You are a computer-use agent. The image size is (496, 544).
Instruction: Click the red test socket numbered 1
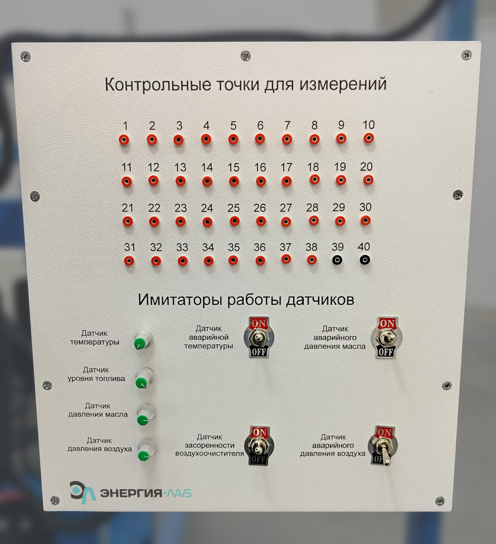tap(124, 140)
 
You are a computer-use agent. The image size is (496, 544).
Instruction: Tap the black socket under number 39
tap(337, 260)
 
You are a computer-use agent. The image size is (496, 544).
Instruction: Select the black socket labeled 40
tap(365, 260)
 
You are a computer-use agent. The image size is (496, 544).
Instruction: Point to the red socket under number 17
tap(287, 181)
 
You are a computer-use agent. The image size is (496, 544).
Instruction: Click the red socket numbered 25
tap(234, 221)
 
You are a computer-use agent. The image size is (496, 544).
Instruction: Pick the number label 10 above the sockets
tap(369, 125)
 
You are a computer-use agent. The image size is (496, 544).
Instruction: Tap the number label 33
tap(182, 247)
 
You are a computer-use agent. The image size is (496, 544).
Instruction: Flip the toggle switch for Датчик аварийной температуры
tap(258, 337)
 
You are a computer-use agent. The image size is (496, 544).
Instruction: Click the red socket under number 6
tap(260, 139)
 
